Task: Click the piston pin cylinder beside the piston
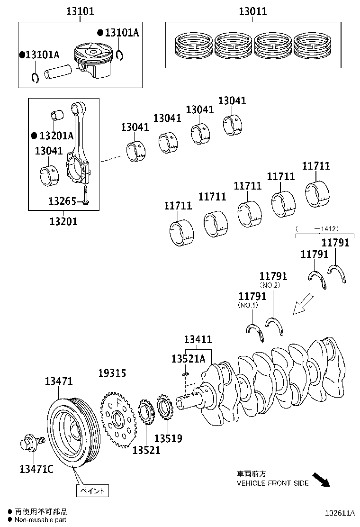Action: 58,72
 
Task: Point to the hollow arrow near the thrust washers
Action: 303,303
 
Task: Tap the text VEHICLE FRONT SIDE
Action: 272,483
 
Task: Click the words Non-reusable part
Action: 40,520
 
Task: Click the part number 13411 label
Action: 198,340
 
